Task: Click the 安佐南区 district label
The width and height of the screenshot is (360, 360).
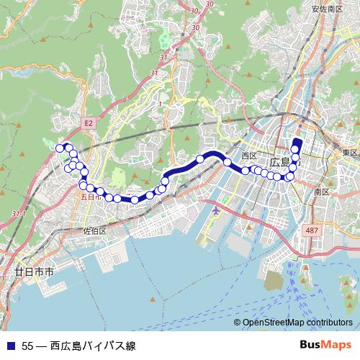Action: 326,9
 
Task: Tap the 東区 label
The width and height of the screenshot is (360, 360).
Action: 350,153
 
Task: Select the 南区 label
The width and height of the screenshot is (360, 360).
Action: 321,192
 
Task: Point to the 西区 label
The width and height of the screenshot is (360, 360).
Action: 249,156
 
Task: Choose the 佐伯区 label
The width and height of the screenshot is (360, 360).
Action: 94,231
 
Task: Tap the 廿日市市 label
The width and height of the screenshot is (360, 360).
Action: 34,273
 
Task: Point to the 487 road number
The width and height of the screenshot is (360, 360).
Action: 311,230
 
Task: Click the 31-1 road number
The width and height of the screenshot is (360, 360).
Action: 19,215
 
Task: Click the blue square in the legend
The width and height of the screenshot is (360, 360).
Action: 9,346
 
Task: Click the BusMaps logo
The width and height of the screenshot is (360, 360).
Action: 330,345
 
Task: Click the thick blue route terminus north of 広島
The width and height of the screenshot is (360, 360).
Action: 297,142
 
